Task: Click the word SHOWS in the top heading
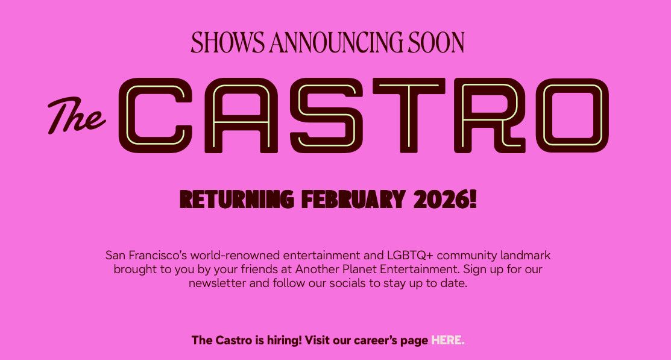click(x=227, y=42)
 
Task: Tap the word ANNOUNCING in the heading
click(x=336, y=42)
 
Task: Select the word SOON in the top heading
click(x=436, y=42)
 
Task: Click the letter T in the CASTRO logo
click(x=408, y=115)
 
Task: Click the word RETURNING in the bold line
click(x=237, y=199)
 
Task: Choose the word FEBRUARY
click(x=353, y=199)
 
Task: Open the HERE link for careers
click(x=446, y=340)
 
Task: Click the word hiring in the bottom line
click(x=284, y=340)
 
